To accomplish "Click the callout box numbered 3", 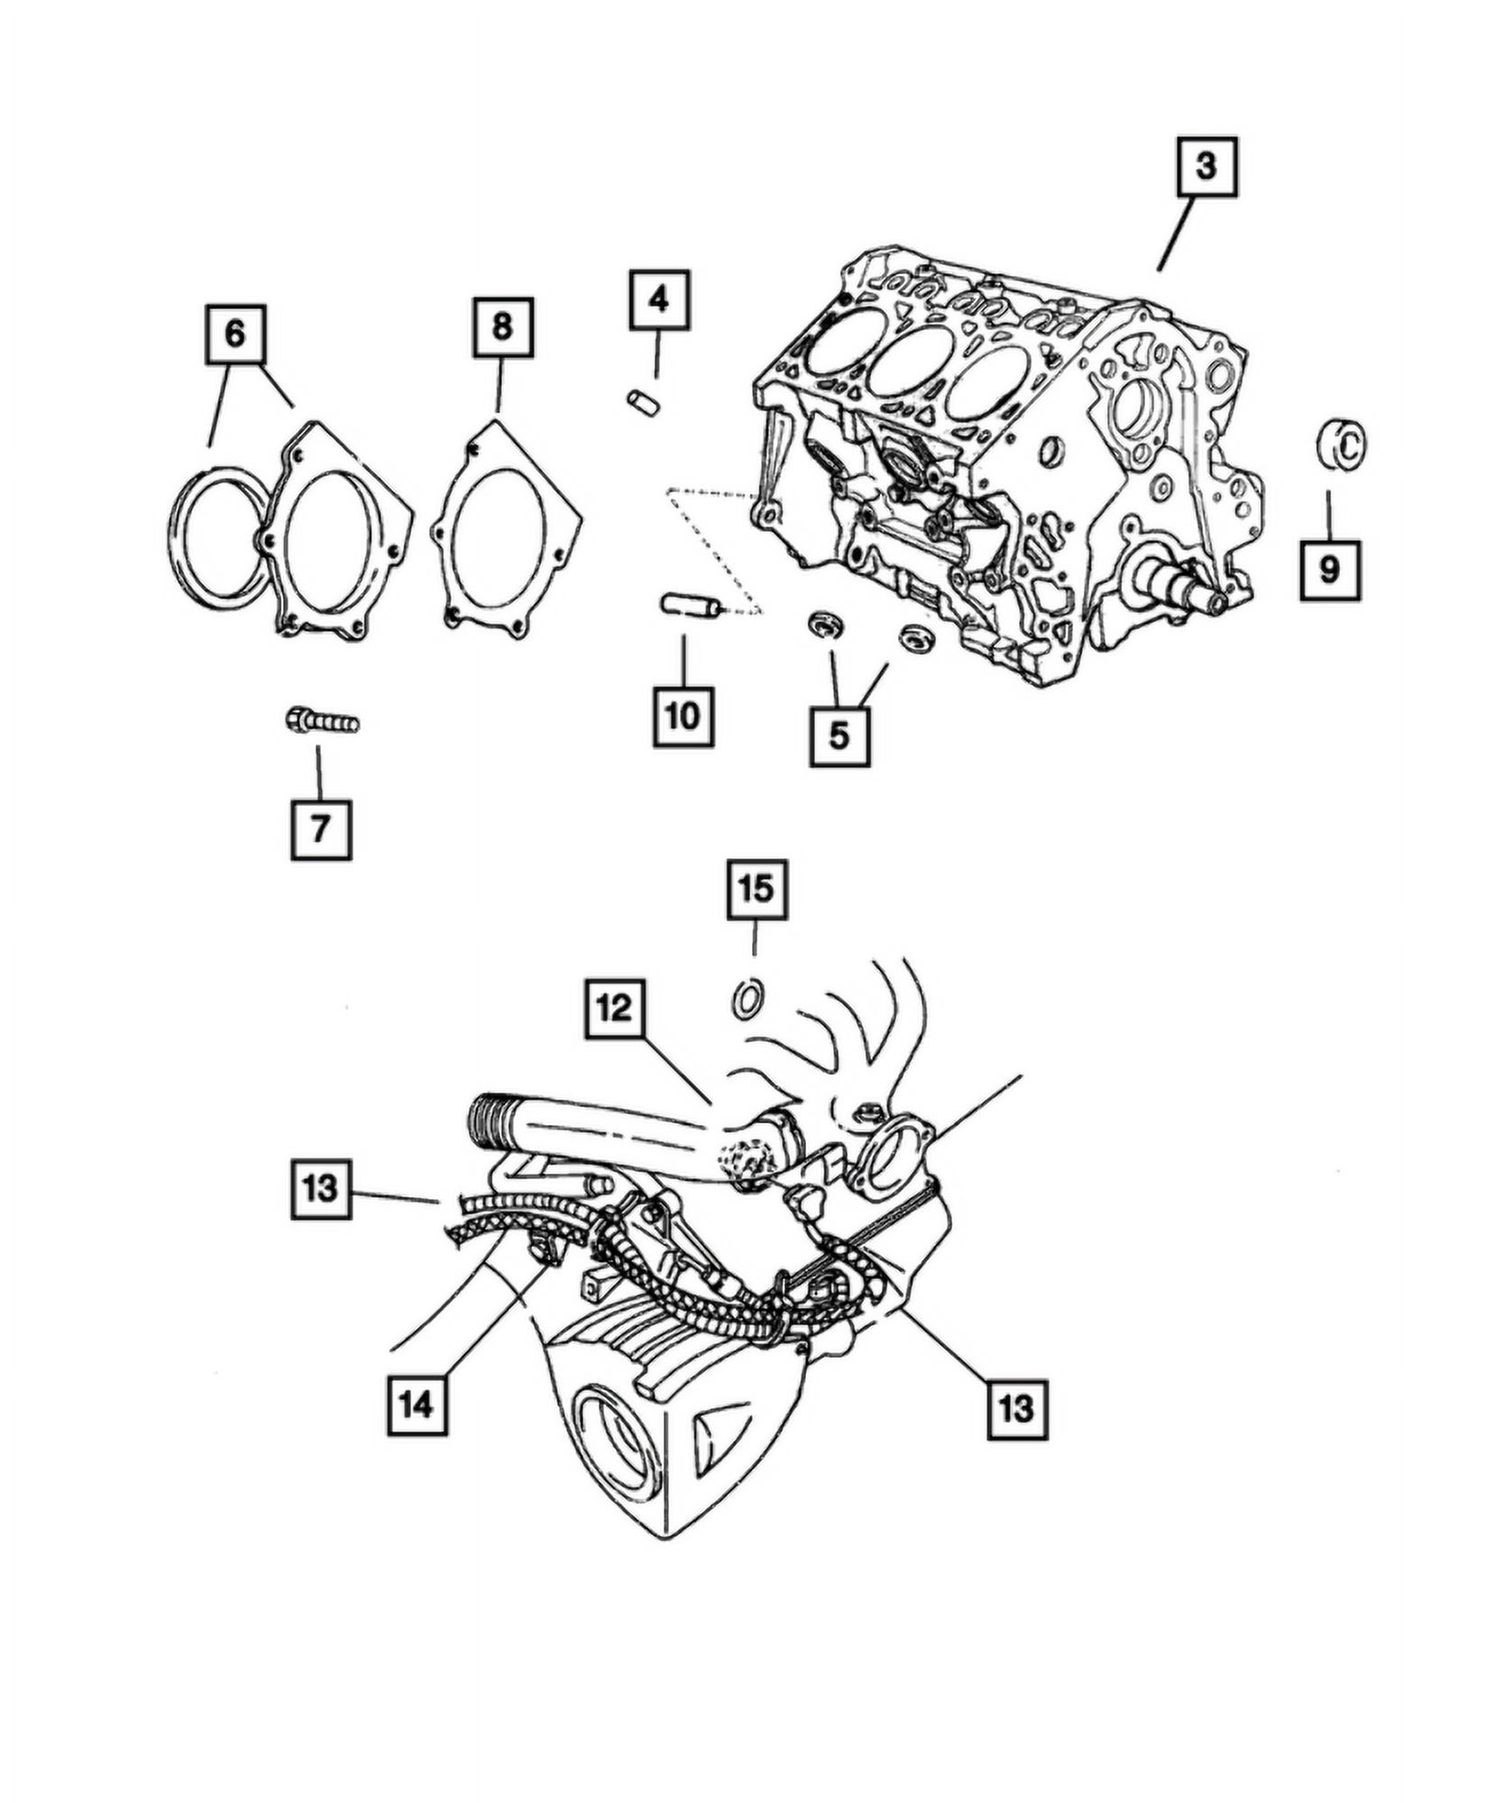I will click(1206, 167).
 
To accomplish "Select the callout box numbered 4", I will click(659, 299).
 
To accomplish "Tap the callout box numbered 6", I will click(234, 335).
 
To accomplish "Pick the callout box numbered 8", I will click(503, 328).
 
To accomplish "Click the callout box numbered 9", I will click(1329, 570).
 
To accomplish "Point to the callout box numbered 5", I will click(839, 736).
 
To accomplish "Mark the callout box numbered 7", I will click(320, 828).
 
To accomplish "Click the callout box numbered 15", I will click(757, 890).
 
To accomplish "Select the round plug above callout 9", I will click(1340, 444).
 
